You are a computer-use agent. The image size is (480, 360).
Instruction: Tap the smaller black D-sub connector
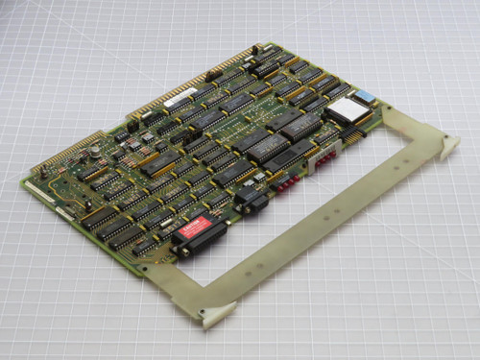click(251, 200)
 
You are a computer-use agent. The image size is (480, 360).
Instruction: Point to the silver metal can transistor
click(97, 152)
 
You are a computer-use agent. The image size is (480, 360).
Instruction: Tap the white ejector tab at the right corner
click(448, 145)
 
